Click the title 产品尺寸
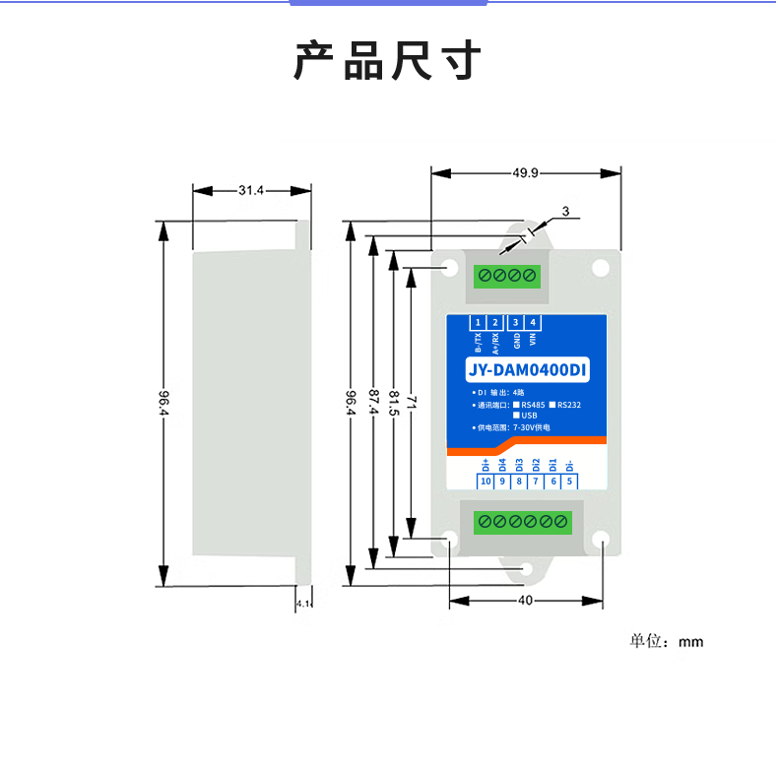[387, 61]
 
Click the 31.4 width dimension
[251, 190]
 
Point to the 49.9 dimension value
[525, 173]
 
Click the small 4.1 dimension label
[302, 603]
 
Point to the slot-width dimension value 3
[565, 212]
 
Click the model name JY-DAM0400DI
[527, 370]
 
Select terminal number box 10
[485, 482]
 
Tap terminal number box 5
[570, 482]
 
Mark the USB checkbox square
[517, 416]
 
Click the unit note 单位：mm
[666, 641]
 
